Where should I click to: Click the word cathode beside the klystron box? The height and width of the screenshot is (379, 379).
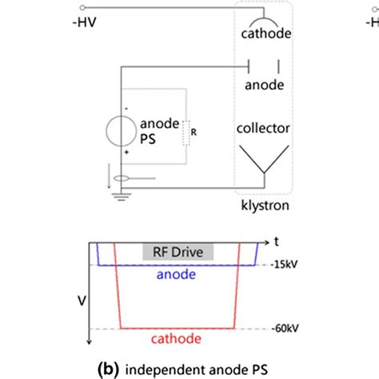[264, 34]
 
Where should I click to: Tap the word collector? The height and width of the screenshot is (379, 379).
[264, 128]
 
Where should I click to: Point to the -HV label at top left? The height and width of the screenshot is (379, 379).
[83, 23]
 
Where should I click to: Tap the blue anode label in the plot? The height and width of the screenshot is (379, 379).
[179, 273]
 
